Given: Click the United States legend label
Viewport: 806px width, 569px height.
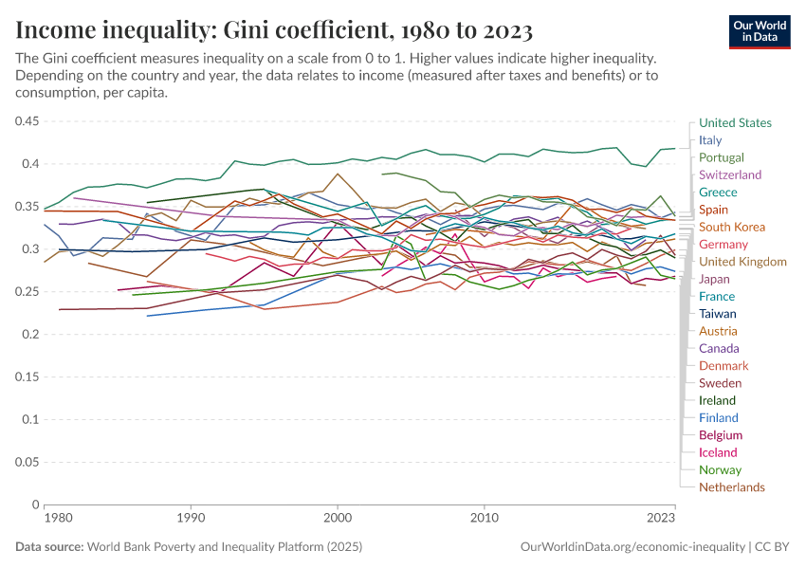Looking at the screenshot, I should [735, 122].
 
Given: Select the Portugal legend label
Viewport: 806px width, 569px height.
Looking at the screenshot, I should [721, 157].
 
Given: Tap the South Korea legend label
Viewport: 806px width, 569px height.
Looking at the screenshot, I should [731, 227].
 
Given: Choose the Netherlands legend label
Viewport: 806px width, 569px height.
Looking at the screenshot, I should [731, 487].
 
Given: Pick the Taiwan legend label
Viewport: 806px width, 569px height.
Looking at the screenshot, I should [717, 314].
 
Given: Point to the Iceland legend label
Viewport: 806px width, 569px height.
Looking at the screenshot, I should [718, 452].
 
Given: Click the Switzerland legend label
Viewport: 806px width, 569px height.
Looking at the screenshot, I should [730, 174].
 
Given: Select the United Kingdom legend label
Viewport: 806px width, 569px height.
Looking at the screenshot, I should [742, 262].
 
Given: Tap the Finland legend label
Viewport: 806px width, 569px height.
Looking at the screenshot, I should [718, 418].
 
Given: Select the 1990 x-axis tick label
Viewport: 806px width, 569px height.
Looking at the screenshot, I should [191, 520].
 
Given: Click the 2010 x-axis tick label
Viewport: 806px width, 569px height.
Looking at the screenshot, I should [485, 520].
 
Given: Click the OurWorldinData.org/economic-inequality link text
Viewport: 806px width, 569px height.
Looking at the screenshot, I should [632, 547].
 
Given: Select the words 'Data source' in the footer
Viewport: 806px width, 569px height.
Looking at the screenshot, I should [48, 547].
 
